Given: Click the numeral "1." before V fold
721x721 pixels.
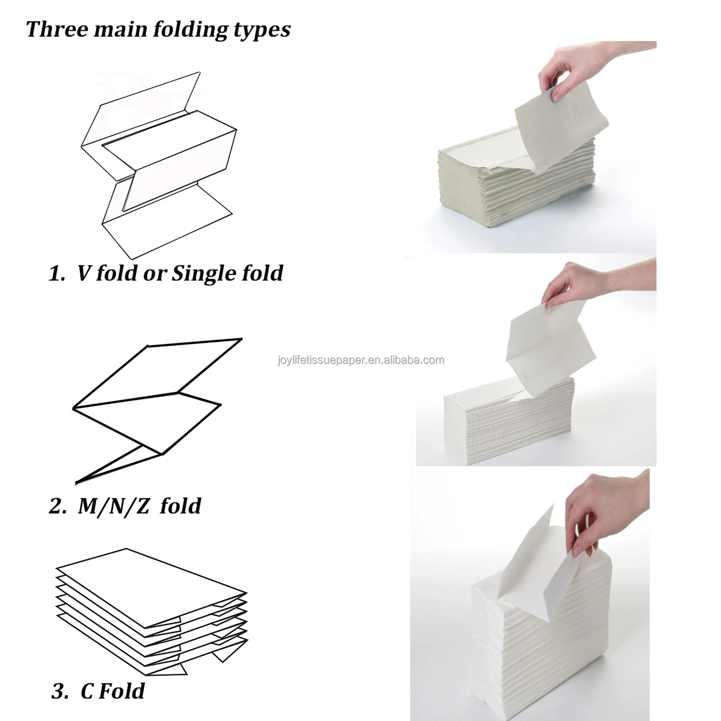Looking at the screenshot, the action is [x=57, y=273].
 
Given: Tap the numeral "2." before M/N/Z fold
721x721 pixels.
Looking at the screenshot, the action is [x=57, y=506].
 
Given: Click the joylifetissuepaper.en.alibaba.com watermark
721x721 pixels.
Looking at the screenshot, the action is [x=360, y=360].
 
